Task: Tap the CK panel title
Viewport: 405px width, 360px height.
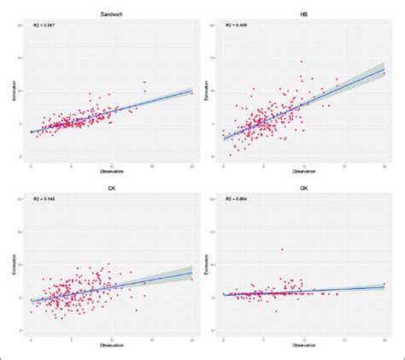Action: click(113, 188)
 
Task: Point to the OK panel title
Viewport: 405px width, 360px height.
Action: click(304, 188)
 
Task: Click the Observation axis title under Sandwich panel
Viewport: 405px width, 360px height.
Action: click(113, 172)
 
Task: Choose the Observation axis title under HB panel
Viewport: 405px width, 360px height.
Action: click(304, 172)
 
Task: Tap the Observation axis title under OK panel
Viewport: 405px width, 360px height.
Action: click(304, 345)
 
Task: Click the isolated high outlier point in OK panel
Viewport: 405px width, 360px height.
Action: click(281, 249)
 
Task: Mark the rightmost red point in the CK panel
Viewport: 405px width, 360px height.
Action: click(192, 279)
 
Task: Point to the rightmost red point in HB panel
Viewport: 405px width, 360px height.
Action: click(384, 71)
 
